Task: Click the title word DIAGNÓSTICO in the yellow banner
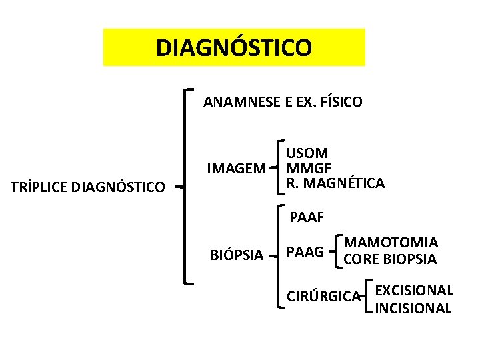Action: click(233, 47)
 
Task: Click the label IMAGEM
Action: click(236, 167)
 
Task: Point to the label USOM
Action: click(307, 153)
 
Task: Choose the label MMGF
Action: click(309, 167)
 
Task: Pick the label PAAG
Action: click(305, 252)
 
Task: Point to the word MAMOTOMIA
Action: click(391, 243)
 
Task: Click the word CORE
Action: click(360, 259)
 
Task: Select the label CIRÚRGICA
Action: click(323, 296)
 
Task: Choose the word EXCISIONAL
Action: click(414, 291)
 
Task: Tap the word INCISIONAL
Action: click(413, 308)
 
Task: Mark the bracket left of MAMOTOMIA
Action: click(339, 251)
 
